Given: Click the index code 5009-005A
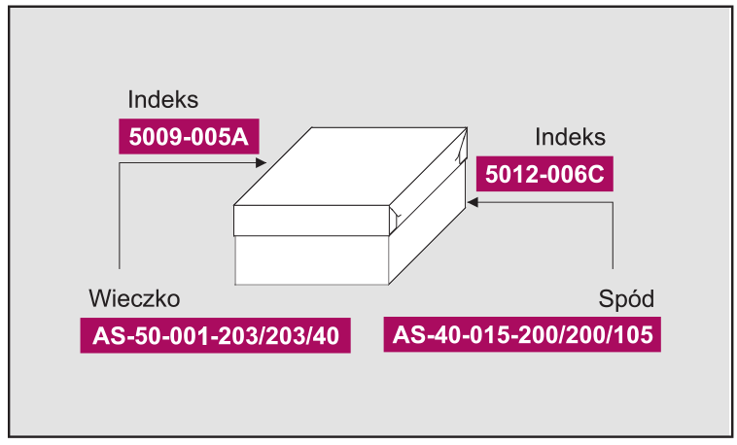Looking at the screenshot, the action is pyautogui.click(x=189, y=137).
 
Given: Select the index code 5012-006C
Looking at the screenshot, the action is pyautogui.click(x=544, y=174).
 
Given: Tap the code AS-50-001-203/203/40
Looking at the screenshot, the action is pyautogui.click(x=216, y=336).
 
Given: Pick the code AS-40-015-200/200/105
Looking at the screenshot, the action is pyautogui.click(x=523, y=335).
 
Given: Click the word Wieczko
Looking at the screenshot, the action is pyautogui.click(x=134, y=298).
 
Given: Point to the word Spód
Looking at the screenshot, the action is pyautogui.click(x=626, y=298).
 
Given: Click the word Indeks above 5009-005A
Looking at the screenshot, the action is pyautogui.click(x=163, y=100).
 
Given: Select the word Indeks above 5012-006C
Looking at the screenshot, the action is pyautogui.click(x=570, y=137).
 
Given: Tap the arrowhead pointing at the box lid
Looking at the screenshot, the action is pyautogui.click(x=261, y=163).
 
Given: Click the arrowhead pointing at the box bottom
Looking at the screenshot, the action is pyautogui.click(x=473, y=202).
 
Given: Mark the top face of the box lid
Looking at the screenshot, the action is pyautogui.click(x=350, y=166).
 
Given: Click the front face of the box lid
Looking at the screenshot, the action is pyautogui.click(x=311, y=221).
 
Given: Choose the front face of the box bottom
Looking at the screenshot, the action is pyautogui.click(x=312, y=259).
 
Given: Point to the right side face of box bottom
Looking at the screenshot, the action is pyautogui.click(x=427, y=229).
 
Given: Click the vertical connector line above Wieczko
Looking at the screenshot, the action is pyautogui.click(x=120, y=216).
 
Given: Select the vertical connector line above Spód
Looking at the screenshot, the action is pyautogui.click(x=613, y=235).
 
